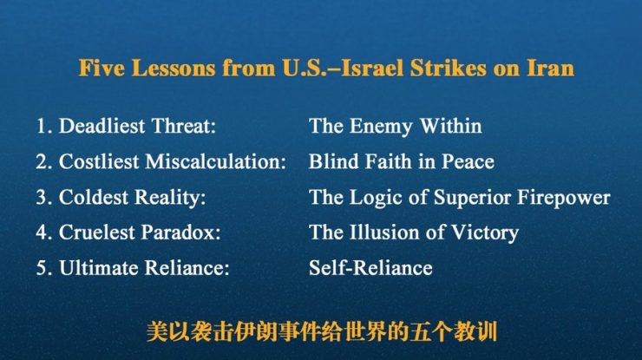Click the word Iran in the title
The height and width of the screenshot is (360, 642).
550,68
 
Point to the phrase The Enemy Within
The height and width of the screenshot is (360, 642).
395,126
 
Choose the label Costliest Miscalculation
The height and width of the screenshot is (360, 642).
172,161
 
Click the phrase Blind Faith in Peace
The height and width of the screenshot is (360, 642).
401,161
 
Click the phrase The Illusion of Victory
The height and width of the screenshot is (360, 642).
413,232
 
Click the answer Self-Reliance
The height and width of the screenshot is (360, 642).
370,268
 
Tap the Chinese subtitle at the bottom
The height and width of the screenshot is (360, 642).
320,331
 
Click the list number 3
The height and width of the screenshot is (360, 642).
42,197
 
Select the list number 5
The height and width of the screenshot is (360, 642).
42,268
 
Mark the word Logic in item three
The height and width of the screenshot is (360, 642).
376,197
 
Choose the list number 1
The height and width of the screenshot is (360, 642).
42,126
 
